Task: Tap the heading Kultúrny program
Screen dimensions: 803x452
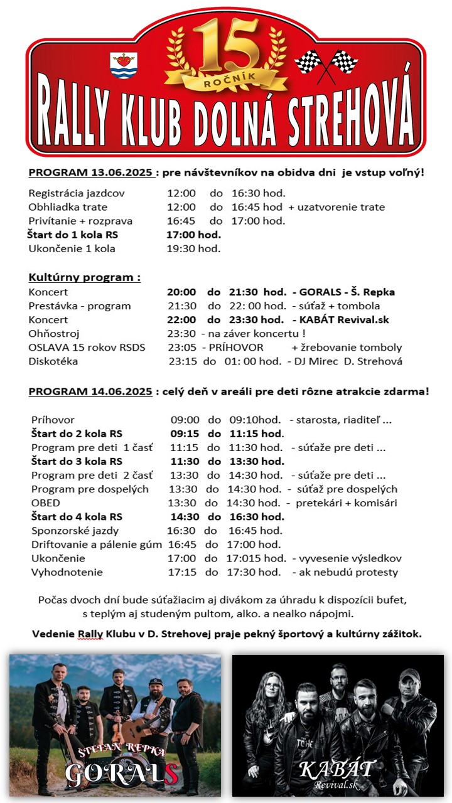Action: click(85, 277)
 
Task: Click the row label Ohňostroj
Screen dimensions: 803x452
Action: click(54, 334)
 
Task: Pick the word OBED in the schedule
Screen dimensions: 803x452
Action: click(46, 503)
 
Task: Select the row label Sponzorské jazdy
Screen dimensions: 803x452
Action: click(72, 531)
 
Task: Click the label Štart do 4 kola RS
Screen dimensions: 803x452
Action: click(77, 517)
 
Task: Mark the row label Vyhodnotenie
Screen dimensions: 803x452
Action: click(67, 572)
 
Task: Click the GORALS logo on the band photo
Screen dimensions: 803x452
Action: click(122, 775)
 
